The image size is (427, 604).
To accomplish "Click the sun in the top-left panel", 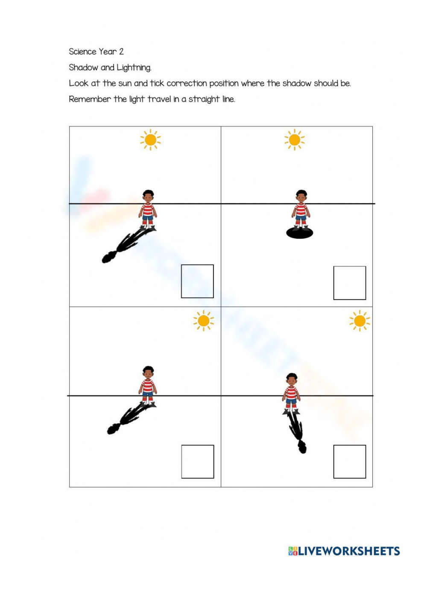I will pos(150,140).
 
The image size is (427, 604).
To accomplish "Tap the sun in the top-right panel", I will pos(295,140).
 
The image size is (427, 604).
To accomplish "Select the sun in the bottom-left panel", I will pos(204,320).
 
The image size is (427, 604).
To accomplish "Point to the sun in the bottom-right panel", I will pos(360,320).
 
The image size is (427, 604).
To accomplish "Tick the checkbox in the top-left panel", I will pos(197,281).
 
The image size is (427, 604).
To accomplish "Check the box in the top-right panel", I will pos(349,283).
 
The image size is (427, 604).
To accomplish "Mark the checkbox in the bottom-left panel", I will pos(197,461).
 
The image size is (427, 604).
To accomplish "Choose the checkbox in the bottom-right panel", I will pos(349,461).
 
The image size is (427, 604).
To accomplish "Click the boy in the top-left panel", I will pos(148,209).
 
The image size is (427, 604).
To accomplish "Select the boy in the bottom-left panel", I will pos(148,385).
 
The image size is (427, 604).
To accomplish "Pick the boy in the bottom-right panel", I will pos(291,392).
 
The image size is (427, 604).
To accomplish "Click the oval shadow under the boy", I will pos(299,233).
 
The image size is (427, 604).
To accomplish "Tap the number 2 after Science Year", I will pos(121,52).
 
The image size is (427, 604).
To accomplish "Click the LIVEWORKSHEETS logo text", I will pos(349,551).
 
